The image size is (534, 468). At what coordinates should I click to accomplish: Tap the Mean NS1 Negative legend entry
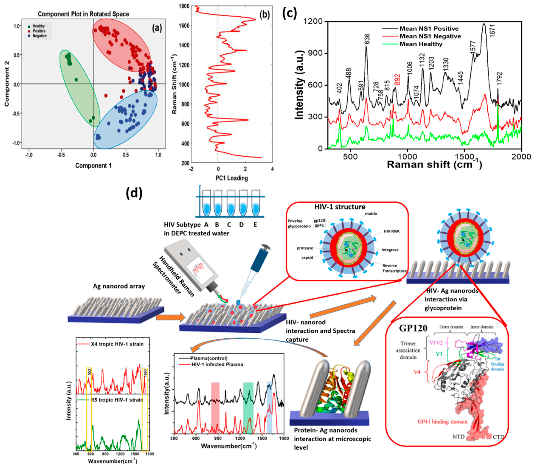pos(430,36)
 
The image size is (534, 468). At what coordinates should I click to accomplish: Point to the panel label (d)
pos(134,193)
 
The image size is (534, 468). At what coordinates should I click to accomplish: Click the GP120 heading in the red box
pos(413,328)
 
